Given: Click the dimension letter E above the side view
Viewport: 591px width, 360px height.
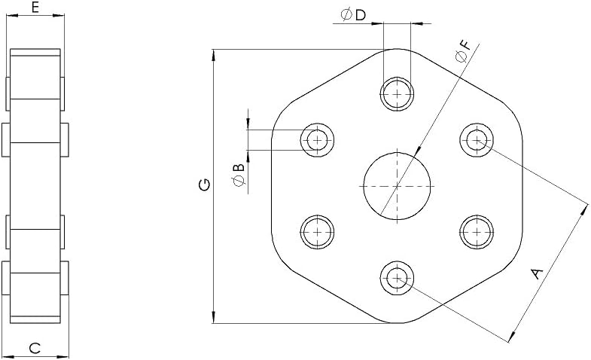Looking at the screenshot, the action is tap(35, 8).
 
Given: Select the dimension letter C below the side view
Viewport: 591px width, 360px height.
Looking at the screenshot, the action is tap(35, 348).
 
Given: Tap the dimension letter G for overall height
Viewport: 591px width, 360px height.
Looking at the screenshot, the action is tap(205, 185).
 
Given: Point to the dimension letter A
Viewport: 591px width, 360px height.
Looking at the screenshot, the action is tap(537, 273).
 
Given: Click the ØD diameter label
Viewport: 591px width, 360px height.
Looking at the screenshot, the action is tap(353, 15).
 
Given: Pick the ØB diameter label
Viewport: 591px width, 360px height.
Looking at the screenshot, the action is tap(239, 175).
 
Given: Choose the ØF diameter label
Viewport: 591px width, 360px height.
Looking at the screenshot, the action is tap(463, 51).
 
